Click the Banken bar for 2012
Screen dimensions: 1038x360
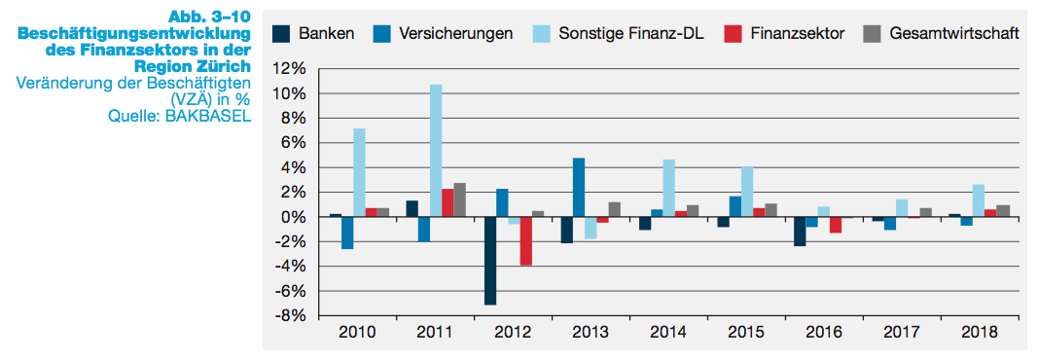tap(490, 261)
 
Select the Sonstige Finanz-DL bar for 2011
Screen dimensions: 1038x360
tap(436, 151)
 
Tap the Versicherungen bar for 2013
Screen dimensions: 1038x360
tap(579, 187)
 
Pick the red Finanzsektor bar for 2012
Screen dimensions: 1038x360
tap(525, 241)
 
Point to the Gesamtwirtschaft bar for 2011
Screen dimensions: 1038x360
tap(460, 199)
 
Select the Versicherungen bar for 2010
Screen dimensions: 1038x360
tap(347, 233)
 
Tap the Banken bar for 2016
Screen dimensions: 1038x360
tap(799, 232)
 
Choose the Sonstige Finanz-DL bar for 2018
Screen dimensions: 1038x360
tap(978, 200)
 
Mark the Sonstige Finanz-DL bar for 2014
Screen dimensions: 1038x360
tap(668, 188)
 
